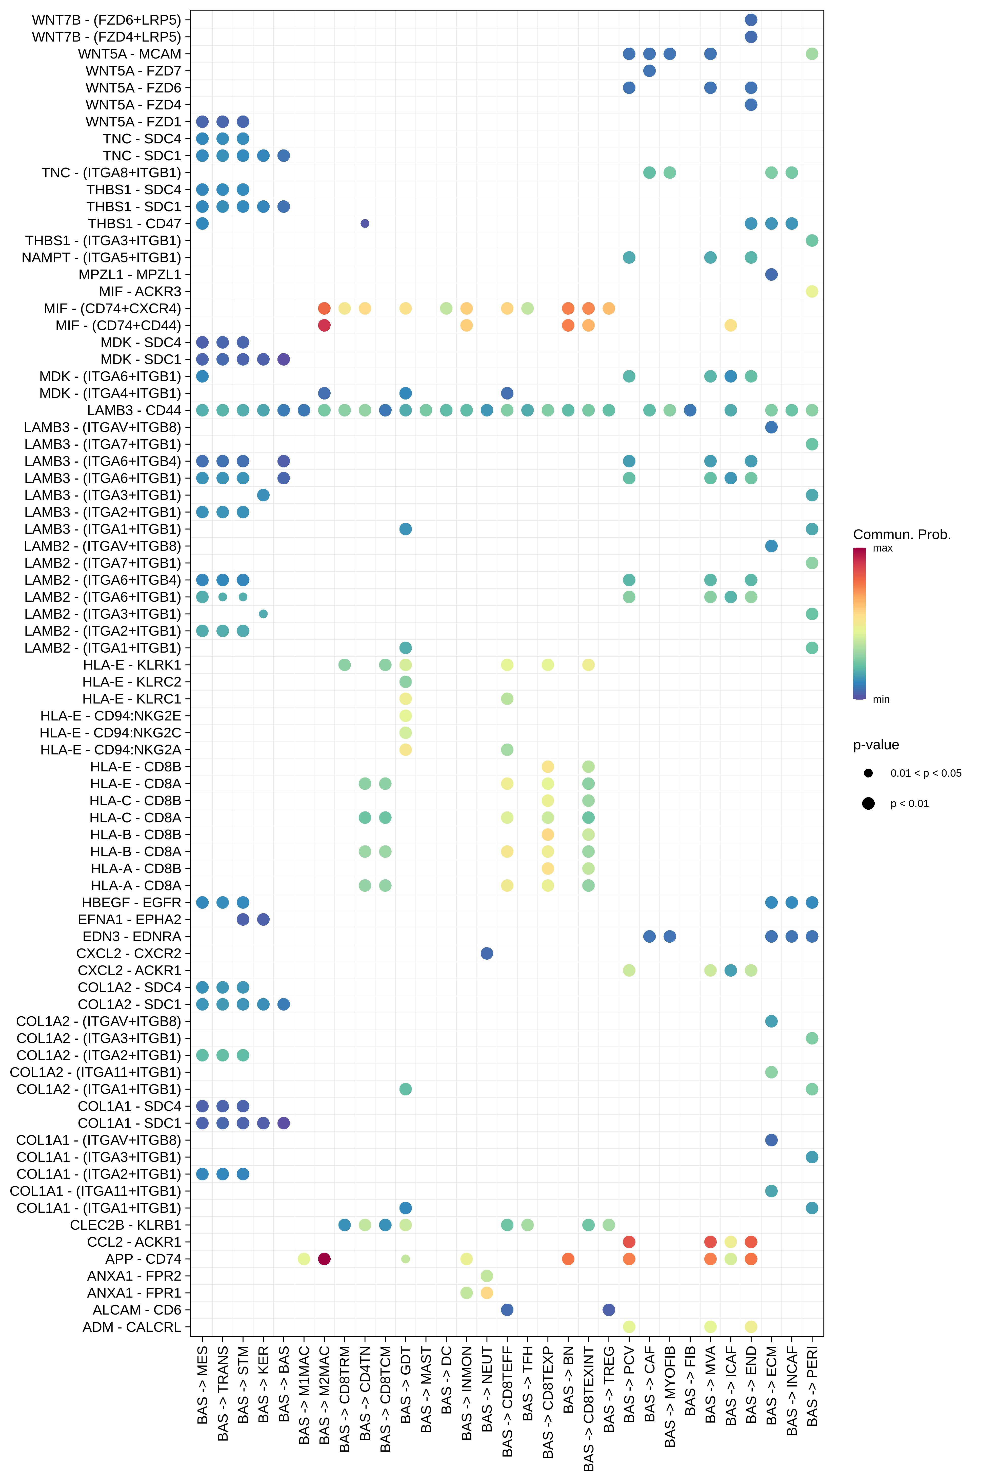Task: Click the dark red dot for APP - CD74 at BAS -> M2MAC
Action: click(324, 1259)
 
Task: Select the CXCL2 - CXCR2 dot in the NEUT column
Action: click(487, 953)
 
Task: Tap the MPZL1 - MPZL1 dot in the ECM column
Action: click(771, 274)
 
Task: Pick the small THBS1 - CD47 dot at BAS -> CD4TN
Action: click(365, 223)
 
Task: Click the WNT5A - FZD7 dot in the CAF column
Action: click(649, 71)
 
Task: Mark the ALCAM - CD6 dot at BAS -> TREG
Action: click(609, 1309)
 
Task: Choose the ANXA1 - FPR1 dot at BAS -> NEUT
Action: click(487, 1292)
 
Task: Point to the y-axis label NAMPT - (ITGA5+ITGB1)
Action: click(101, 257)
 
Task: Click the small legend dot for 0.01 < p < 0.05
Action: click(868, 773)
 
